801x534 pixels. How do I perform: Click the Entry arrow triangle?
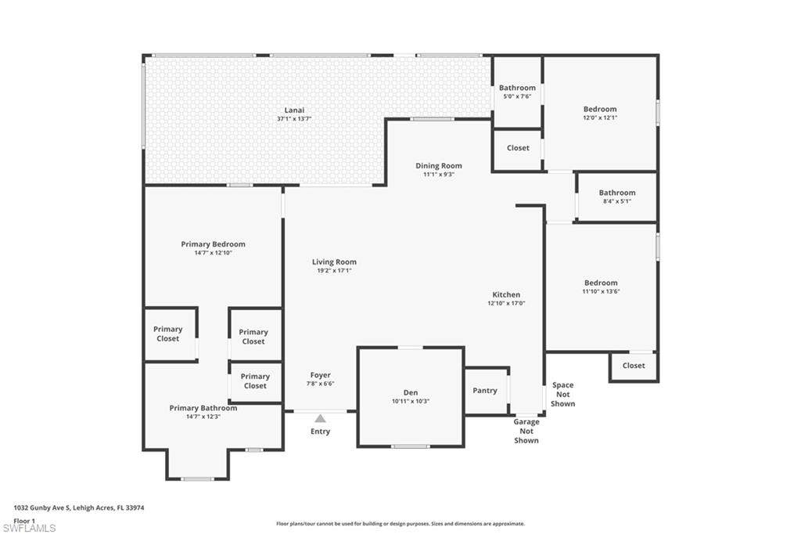tap(320, 418)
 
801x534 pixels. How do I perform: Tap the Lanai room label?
tap(294, 110)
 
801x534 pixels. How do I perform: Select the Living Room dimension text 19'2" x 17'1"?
tap(334, 271)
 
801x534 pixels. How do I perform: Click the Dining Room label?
tap(438, 166)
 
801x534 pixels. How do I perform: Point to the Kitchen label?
tap(506, 294)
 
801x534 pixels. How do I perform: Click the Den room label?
tap(411, 392)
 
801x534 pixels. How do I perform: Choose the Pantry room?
tap(485, 390)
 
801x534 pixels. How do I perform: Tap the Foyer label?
tap(320, 375)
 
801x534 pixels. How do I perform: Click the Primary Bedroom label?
tap(213, 244)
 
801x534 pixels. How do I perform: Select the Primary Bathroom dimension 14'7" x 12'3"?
tap(203, 417)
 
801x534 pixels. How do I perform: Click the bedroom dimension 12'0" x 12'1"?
tap(600, 117)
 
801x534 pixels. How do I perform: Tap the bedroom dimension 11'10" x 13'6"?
tap(602, 291)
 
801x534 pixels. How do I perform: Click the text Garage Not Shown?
tap(526, 431)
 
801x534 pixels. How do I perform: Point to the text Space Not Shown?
tap(563, 395)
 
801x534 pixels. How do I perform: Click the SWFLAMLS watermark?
tap(29, 528)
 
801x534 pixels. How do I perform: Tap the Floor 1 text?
tap(24, 521)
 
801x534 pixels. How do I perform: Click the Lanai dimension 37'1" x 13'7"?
tap(294, 119)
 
